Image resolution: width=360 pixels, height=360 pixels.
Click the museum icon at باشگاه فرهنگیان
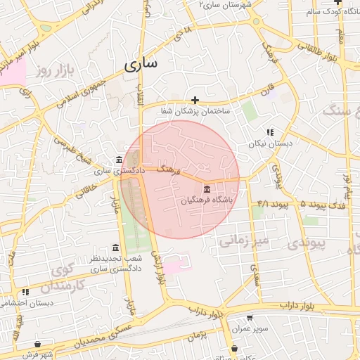tap(206, 189)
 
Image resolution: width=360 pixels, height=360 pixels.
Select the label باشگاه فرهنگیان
tap(206, 200)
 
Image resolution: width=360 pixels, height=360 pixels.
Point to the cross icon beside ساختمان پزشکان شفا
tap(195, 101)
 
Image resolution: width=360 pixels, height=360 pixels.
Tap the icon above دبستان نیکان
tap(269, 132)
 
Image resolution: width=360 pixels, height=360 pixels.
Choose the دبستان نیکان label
tap(266, 143)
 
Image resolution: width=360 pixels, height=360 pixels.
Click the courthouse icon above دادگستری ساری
tap(118, 160)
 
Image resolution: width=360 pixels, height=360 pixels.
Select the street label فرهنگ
tap(169, 169)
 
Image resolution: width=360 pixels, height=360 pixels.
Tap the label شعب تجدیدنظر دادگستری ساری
tap(114, 264)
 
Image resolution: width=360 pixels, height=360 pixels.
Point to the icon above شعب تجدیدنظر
tap(115, 247)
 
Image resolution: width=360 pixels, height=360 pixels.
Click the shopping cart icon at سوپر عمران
tap(250, 318)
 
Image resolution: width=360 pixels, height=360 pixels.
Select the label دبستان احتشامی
tap(24, 303)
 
